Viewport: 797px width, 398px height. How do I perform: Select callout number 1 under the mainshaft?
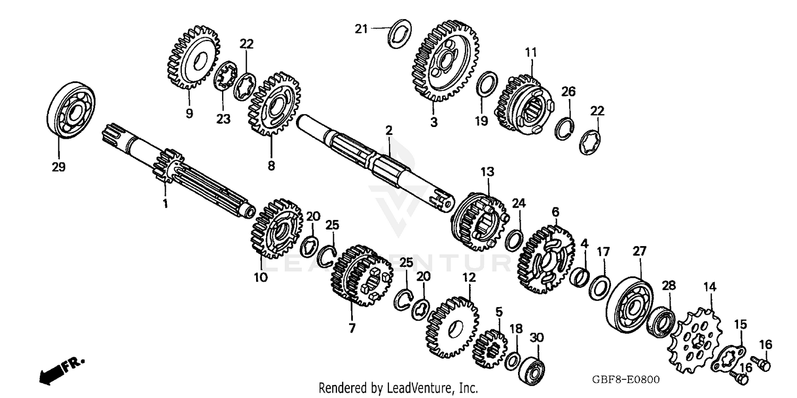(165, 204)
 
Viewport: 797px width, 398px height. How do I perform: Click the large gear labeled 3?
(445, 62)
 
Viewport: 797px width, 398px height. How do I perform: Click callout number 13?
(487, 172)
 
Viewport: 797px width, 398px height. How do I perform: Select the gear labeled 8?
(274, 104)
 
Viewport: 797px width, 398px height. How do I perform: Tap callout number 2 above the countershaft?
(389, 130)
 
